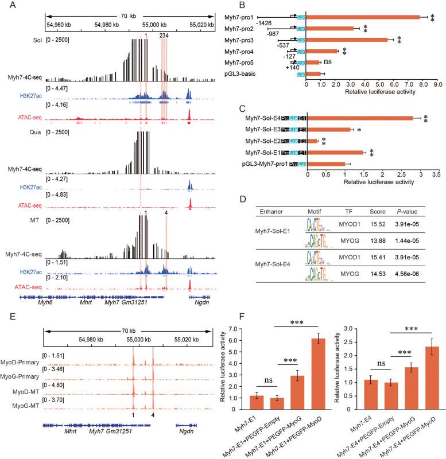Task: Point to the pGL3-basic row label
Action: tap(267, 73)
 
